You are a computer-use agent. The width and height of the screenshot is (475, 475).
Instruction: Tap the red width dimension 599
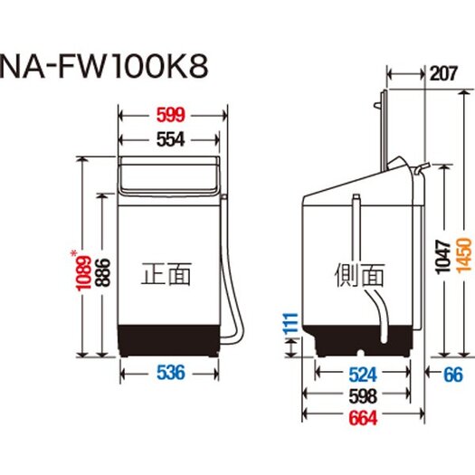click(x=171, y=115)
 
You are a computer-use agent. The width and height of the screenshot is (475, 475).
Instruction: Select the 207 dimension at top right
click(x=445, y=77)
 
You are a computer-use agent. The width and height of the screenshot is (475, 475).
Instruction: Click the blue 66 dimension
click(x=451, y=373)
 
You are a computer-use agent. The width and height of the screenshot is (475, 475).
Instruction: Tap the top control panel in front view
click(x=171, y=175)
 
